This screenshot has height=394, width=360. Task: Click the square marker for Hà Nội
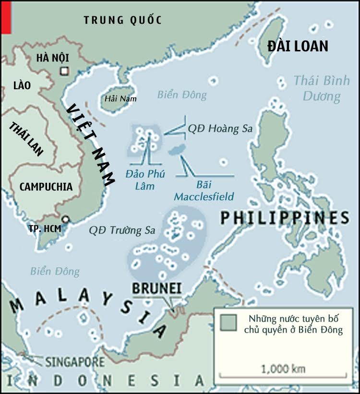64,72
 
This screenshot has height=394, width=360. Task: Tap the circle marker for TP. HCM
66,219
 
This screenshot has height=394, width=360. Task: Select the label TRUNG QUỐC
122,20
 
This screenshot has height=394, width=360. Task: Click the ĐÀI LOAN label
298,46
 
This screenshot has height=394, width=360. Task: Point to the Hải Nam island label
118,99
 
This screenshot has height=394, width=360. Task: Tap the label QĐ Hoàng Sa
220,129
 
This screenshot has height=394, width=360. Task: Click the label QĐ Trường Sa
122,230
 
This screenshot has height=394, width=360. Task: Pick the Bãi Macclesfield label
204,191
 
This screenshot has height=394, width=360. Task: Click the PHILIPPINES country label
285,218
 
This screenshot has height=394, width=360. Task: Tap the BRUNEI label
156,288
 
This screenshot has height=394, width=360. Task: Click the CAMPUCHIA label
46,187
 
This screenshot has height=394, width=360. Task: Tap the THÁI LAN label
26,139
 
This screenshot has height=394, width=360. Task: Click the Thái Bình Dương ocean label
322,88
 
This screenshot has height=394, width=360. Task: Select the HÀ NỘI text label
53,58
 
